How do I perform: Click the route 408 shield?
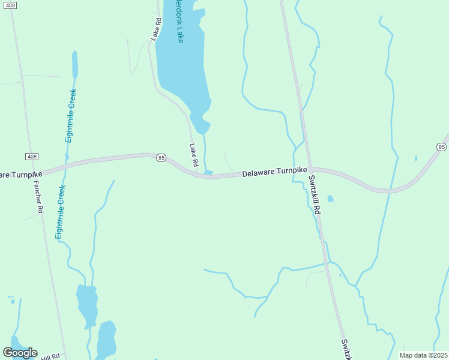click(32, 156)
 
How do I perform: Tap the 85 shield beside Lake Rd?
click(161, 158)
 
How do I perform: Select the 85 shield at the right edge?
click(442, 147)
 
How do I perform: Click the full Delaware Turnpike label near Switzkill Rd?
click(274, 173)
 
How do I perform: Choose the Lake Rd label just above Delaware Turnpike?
click(194, 155)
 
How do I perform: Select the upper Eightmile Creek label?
click(71, 116)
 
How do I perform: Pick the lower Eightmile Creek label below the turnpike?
click(61, 212)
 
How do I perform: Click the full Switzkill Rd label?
click(316, 194)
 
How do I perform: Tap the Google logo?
click(20, 353)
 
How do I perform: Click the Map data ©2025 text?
click(423, 355)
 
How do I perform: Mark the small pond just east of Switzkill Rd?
click(331, 199)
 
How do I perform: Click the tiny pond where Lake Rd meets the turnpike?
click(208, 173)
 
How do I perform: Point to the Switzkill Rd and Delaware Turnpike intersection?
click(309, 170)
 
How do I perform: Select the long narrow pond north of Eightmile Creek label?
click(75, 64)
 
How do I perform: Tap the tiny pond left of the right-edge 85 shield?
click(416, 158)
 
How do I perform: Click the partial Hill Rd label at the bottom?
click(52, 357)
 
